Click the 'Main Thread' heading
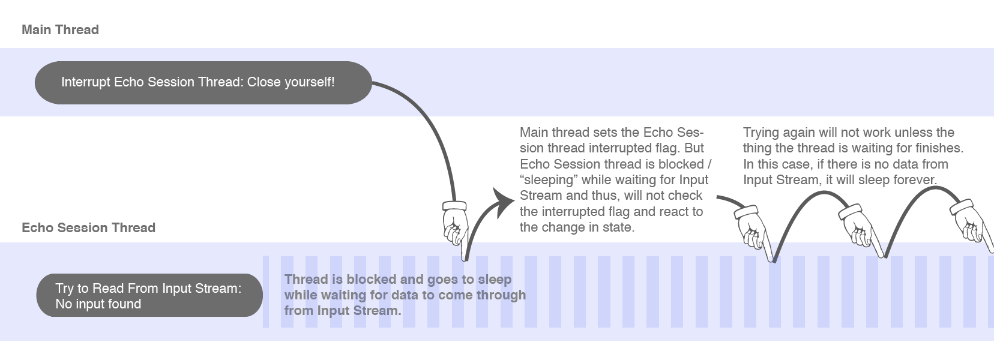click(x=61, y=30)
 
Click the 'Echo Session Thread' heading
click(x=88, y=227)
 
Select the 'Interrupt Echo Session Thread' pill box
click(x=203, y=82)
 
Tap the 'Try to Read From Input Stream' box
click(x=149, y=295)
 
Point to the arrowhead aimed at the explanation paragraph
click(x=503, y=202)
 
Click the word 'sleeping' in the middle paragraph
click(x=550, y=179)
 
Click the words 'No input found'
click(x=98, y=304)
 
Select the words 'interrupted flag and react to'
click(x=622, y=211)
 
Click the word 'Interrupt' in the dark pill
click(x=86, y=82)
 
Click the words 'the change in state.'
click(x=577, y=227)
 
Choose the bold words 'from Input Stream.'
click(x=343, y=310)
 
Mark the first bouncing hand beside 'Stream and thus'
click(x=754, y=233)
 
